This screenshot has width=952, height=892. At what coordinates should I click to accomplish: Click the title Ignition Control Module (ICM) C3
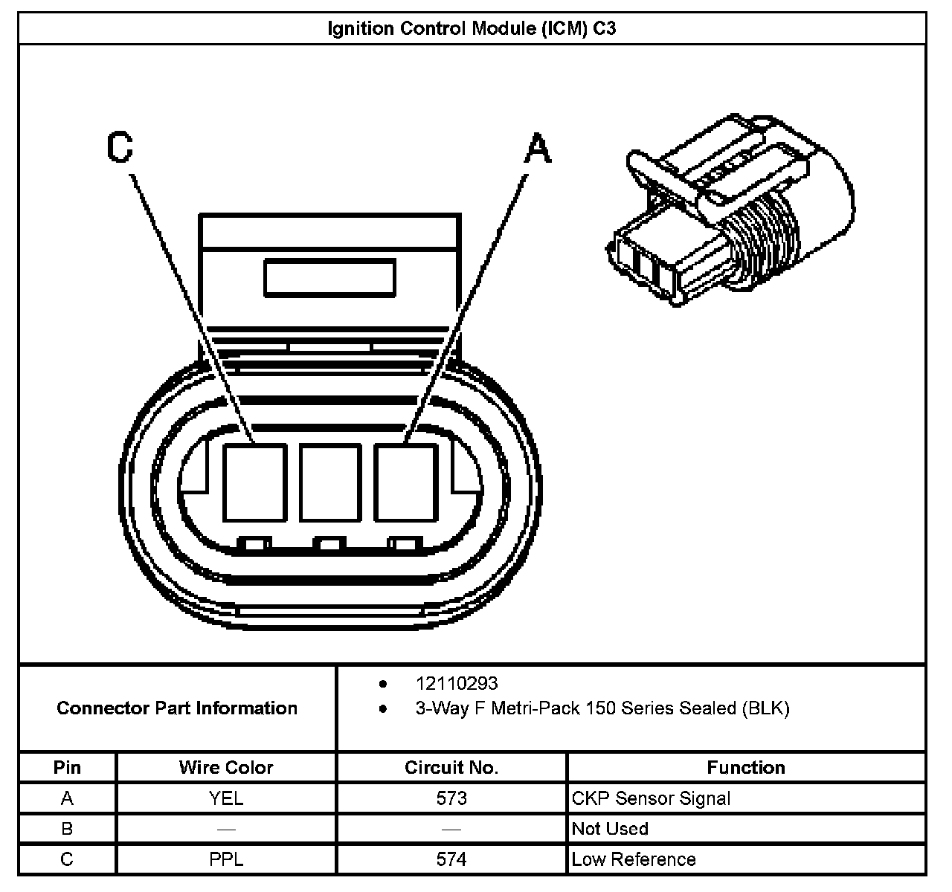tap(472, 29)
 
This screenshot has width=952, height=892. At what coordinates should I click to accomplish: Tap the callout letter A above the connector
tap(538, 148)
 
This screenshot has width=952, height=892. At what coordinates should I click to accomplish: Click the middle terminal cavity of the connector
tap(329, 482)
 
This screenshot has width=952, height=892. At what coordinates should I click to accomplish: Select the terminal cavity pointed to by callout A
tap(405, 482)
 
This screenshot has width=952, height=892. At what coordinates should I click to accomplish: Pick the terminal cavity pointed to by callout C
tap(254, 482)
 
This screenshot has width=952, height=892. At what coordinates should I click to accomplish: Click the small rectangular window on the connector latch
tap(329, 277)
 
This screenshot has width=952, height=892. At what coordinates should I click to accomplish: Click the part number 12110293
tap(457, 683)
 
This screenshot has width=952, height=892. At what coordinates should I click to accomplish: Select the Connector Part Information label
tap(177, 708)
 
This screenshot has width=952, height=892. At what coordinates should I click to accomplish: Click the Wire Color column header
tap(226, 767)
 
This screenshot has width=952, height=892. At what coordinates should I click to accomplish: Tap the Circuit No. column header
tap(451, 767)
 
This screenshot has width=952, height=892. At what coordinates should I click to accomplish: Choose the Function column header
tap(746, 767)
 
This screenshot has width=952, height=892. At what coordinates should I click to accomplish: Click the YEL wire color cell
tap(226, 798)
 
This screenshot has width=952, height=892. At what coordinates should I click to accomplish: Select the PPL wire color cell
tap(226, 859)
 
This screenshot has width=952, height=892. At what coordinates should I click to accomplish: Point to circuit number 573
tap(451, 798)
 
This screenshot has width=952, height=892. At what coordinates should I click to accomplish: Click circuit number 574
tap(451, 859)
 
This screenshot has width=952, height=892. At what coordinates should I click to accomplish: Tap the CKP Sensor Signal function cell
tap(651, 798)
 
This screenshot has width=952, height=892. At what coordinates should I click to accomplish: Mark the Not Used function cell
tap(610, 829)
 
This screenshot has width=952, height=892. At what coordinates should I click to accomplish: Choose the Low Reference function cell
tap(634, 859)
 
